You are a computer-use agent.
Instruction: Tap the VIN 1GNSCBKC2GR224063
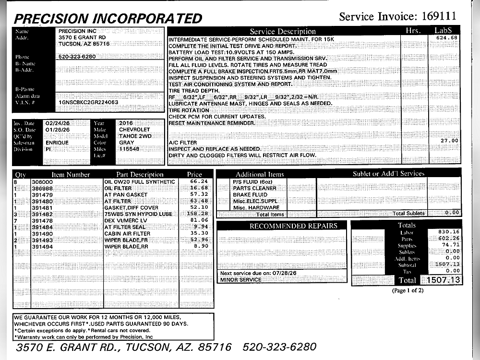pyautogui.click(x=88, y=102)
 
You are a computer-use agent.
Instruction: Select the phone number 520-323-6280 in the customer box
pyautogui.click(x=77, y=56)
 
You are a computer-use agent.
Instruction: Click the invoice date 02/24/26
pyautogui.click(x=58, y=123)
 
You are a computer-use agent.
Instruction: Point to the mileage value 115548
pyautogui.click(x=129, y=149)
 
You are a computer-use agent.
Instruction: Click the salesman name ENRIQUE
pyautogui.click(x=57, y=143)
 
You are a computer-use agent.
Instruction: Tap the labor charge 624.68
pyautogui.click(x=447, y=37)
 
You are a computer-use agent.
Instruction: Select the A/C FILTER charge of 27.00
pyautogui.click(x=449, y=141)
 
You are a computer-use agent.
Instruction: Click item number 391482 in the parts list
pyautogui.click(x=42, y=214)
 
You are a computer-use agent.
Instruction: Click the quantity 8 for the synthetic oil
pyautogui.click(x=16, y=182)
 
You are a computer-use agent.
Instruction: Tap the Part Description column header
pyautogui.click(x=140, y=174)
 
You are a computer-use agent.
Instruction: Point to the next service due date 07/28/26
pyautogui.click(x=285, y=273)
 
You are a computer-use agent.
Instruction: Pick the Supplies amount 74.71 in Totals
pyautogui.click(x=449, y=245)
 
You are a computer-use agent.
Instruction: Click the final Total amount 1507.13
pyautogui.click(x=442, y=280)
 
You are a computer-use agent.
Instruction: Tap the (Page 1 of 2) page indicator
pyautogui.click(x=408, y=291)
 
